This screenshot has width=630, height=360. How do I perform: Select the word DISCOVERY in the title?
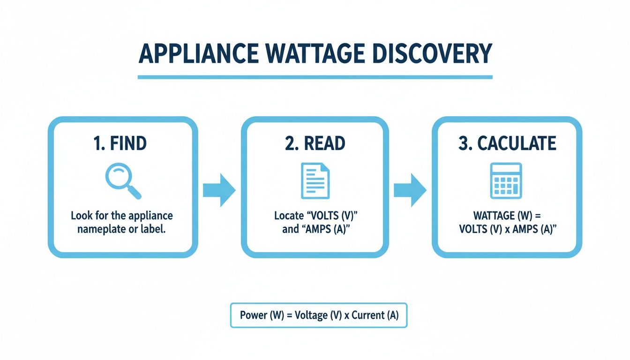[438, 54]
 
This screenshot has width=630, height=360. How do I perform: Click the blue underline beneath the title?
[315, 77]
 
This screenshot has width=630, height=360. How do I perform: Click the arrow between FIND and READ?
[219, 190]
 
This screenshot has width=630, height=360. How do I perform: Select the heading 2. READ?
[315, 144]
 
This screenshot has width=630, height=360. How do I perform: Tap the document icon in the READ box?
[315, 180]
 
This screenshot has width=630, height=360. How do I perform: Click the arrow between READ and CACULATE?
[409, 190]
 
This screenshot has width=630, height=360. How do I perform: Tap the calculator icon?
[506, 180]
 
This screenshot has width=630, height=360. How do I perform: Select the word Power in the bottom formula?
[253, 315]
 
